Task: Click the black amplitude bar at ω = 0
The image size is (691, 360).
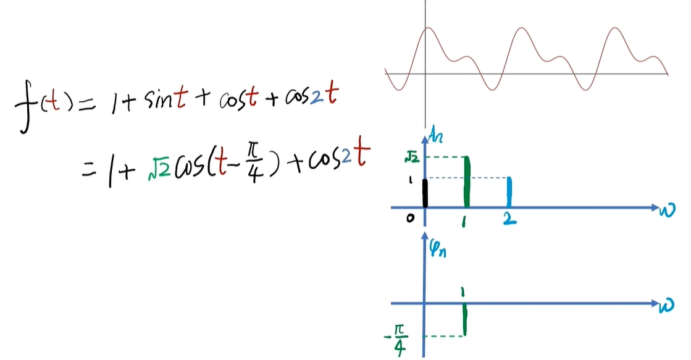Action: click(x=425, y=193)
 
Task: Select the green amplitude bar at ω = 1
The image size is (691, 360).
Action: click(x=467, y=182)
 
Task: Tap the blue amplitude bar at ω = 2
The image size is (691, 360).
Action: click(x=509, y=192)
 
